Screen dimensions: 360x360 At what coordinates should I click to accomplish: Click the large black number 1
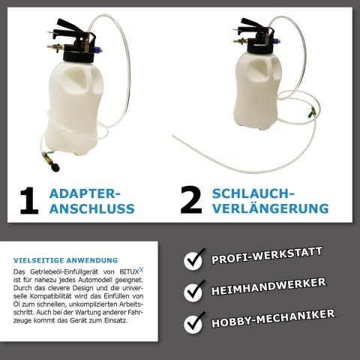[30, 201]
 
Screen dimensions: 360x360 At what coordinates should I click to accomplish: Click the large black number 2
[191, 200]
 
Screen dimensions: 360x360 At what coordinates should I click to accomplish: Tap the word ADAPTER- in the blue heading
[85, 193]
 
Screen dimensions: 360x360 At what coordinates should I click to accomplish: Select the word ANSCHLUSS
[92, 208]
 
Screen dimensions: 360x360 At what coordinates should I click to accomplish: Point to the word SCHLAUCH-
[253, 193]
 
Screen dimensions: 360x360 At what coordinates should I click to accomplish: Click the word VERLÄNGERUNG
[271, 208]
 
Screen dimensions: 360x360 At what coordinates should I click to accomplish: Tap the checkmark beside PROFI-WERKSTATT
[194, 259]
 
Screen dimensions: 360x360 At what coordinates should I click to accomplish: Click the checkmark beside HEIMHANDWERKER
[194, 290]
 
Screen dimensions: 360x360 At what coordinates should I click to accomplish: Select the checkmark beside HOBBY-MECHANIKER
[194, 322]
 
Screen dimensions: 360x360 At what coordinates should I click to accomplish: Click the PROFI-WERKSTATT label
[267, 256]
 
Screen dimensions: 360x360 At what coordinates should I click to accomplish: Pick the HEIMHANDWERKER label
[268, 286]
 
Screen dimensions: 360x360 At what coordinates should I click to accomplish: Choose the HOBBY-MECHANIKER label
[273, 319]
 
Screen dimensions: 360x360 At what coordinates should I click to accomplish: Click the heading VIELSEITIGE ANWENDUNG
[65, 260]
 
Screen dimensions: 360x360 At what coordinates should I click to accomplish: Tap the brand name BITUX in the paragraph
[129, 271]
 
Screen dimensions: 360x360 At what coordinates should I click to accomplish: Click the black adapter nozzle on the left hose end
[55, 166]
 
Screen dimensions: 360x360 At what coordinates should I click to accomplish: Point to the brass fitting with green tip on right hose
[311, 112]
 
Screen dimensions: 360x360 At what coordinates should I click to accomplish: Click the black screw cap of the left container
[79, 56]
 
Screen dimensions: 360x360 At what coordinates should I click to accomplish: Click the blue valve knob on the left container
[97, 49]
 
